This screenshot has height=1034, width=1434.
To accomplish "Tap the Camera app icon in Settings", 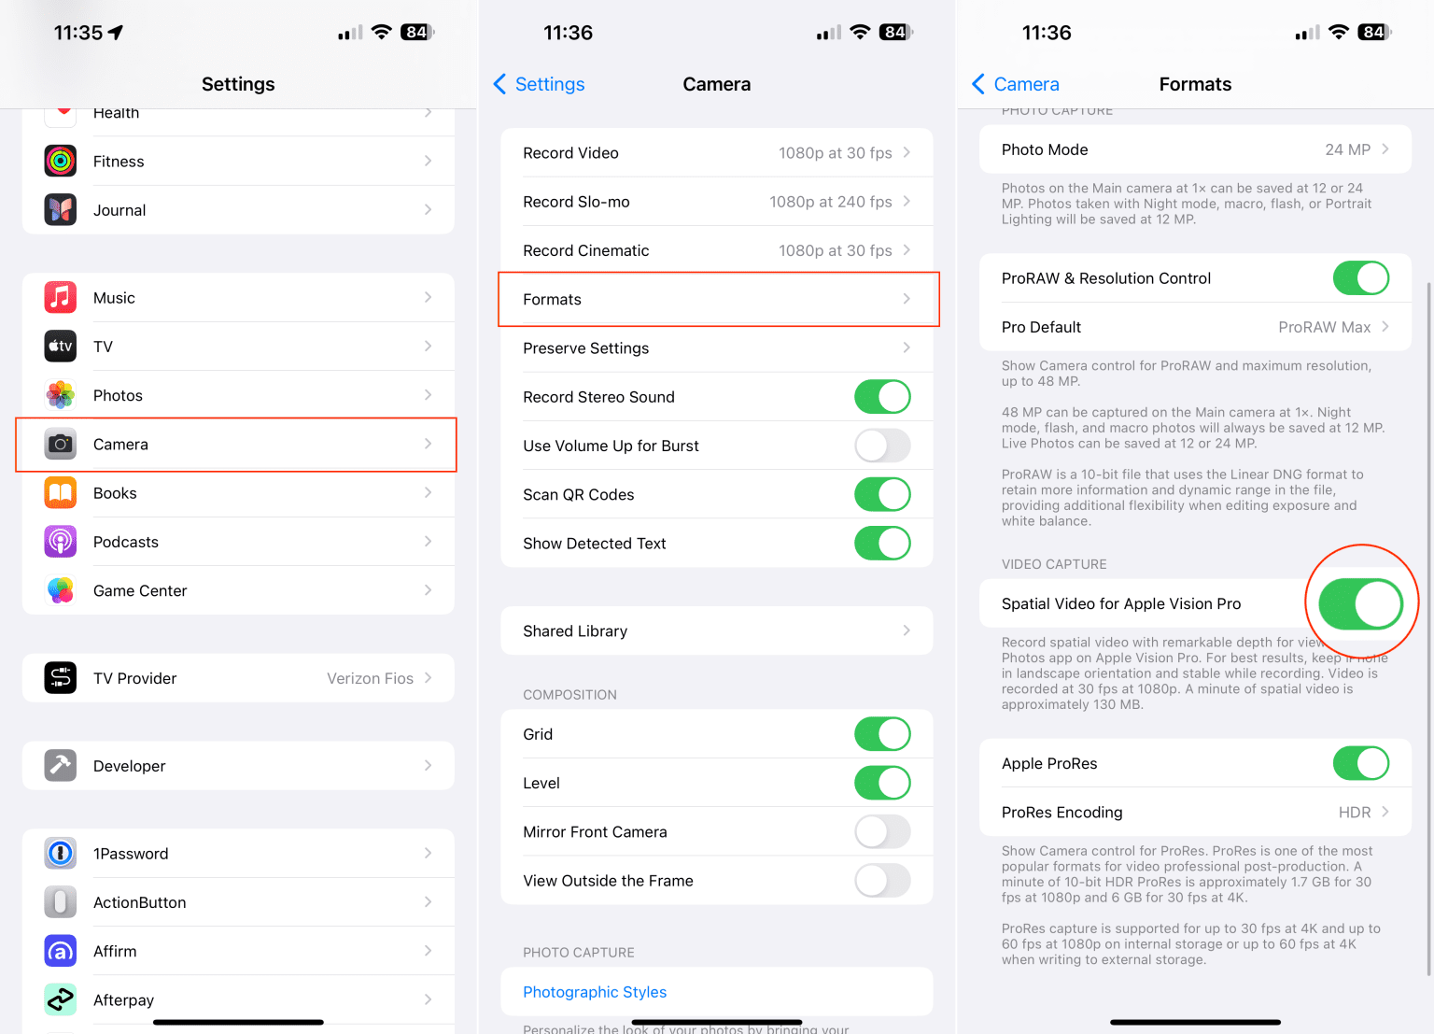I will [x=61, y=445].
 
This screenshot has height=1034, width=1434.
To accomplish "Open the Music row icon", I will [x=61, y=298].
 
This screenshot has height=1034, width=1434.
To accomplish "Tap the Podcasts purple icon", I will [x=61, y=542].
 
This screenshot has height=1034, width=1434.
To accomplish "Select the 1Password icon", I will [x=61, y=853].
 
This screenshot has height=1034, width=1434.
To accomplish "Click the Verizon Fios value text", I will [x=370, y=678].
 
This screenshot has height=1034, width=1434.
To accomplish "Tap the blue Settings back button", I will [x=540, y=84].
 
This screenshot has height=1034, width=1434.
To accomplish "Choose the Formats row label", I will [x=552, y=300].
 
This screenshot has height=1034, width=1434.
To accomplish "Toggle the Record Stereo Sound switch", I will [x=881, y=397].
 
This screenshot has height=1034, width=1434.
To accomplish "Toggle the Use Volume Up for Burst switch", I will [x=881, y=446].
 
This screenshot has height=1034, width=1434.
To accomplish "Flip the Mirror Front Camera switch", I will [x=881, y=831].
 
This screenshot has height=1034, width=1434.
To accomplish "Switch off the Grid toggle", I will [x=881, y=734].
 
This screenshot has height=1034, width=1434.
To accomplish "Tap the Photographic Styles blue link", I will [x=595, y=992].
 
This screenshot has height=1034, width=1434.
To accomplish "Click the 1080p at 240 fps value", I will [x=830, y=202].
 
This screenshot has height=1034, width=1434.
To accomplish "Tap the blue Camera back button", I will [x=1016, y=84].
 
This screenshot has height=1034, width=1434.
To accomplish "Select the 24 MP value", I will [x=1347, y=149].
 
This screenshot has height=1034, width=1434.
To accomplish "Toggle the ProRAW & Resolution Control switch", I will [x=1360, y=278].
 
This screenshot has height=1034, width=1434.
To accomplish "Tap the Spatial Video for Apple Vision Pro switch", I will [x=1360, y=603].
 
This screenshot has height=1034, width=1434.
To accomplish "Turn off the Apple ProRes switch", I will [x=1360, y=763].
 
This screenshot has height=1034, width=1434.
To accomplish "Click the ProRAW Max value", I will [x=1324, y=327].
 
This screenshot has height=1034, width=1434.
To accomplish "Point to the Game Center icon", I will [x=61, y=590].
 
